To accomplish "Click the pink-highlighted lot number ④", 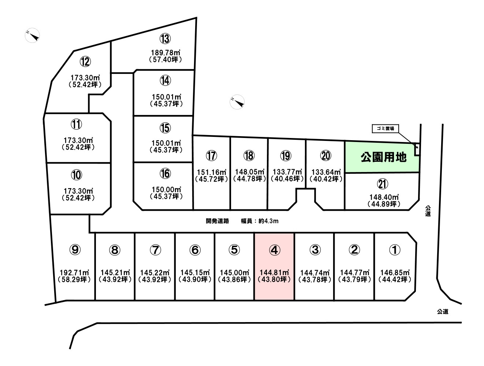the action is click(x=275, y=250).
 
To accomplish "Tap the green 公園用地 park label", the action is click(x=383, y=157).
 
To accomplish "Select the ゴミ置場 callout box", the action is click(x=385, y=129).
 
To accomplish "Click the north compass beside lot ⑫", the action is click(x=33, y=35).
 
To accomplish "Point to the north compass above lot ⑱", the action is click(x=237, y=102).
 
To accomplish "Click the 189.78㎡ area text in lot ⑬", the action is click(x=165, y=53).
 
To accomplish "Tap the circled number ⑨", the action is click(x=75, y=250).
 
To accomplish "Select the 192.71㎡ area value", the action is click(x=74, y=273).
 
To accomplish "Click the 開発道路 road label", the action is click(x=217, y=221).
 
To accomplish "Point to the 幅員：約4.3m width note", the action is click(x=260, y=221).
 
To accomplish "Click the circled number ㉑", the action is click(x=383, y=184).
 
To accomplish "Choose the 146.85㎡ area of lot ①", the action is click(x=395, y=273).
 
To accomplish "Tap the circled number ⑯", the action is click(x=165, y=173).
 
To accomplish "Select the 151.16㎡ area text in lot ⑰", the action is click(x=212, y=172).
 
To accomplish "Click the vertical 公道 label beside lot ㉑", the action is click(x=428, y=211).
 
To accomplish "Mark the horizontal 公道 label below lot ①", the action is click(x=443, y=311).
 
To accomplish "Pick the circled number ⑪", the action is click(x=76, y=124).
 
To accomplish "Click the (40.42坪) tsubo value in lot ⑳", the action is click(x=326, y=179).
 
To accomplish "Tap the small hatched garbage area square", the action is click(x=417, y=149).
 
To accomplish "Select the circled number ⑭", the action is click(x=165, y=81).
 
